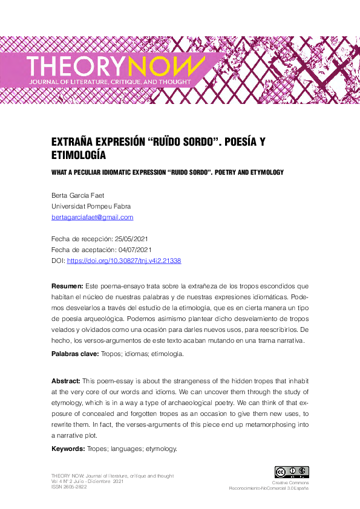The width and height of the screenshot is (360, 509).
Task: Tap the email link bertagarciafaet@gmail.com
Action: pos(93,218)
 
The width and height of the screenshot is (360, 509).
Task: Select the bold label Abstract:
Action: pos(66,381)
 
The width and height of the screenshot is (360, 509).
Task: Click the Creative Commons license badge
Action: pos(292,472)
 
